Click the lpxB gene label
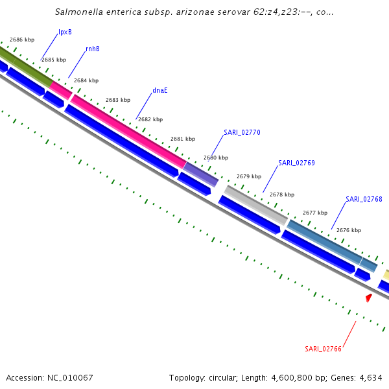[65, 32]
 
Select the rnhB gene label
[93, 49]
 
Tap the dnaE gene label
[160, 90]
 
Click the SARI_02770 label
[242, 132]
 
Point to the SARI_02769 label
[296, 163]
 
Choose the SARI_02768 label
[364, 199]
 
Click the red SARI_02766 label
[323, 349]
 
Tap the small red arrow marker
[369, 298]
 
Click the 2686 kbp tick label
[21, 40]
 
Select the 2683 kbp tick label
[118, 100]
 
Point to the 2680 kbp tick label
[216, 158]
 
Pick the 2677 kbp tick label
[315, 213]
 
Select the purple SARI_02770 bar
[200, 174]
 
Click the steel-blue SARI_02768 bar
[324, 241]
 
